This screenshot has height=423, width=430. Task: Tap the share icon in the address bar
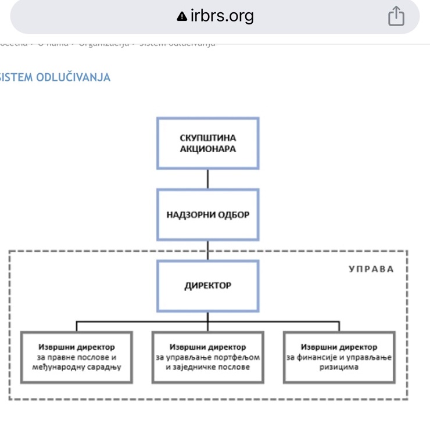click(x=396, y=16)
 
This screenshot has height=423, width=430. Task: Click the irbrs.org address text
click(x=222, y=16)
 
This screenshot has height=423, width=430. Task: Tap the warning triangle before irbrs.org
click(x=182, y=17)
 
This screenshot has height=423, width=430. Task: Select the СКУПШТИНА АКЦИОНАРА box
click(x=208, y=144)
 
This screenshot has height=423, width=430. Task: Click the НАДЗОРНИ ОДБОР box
click(x=208, y=214)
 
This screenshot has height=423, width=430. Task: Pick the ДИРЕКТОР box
click(x=208, y=286)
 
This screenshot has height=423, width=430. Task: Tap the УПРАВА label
click(x=371, y=269)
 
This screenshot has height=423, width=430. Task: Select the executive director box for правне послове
click(x=76, y=357)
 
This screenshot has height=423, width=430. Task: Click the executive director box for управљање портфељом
click(x=208, y=357)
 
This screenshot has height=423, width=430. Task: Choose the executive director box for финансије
click(x=339, y=357)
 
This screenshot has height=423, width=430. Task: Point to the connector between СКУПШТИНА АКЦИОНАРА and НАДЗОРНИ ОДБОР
click(x=208, y=179)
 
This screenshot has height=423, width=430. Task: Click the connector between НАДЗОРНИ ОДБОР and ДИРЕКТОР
click(x=208, y=250)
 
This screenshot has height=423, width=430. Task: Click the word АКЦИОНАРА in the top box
click(x=208, y=149)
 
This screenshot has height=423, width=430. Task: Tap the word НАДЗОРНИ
click(x=187, y=214)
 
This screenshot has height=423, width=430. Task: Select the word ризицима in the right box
click(x=339, y=367)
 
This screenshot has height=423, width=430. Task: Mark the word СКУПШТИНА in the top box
click(x=208, y=138)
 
